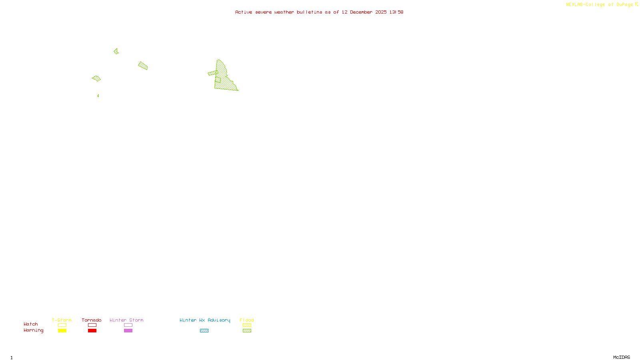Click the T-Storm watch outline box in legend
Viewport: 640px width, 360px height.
click(x=62, y=325)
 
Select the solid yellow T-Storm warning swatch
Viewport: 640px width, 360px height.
click(x=62, y=331)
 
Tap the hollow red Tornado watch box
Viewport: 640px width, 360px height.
click(x=92, y=325)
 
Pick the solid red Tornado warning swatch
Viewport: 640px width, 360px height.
click(x=92, y=331)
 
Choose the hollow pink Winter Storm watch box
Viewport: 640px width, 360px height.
click(x=128, y=325)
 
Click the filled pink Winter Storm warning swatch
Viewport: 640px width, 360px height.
click(x=128, y=331)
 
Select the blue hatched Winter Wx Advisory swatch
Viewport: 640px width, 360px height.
click(x=204, y=331)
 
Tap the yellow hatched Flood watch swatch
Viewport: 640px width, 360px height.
click(x=247, y=325)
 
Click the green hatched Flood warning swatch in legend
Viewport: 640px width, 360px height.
click(x=247, y=331)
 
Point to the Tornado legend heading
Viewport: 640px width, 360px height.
click(x=92, y=320)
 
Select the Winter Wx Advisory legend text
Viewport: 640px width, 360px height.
click(x=205, y=320)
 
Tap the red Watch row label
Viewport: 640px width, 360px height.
click(x=31, y=324)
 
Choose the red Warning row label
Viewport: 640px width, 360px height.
click(x=33, y=330)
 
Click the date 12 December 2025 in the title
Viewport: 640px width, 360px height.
click(x=364, y=12)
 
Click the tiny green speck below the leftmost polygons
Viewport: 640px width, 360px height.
click(x=98, y=96)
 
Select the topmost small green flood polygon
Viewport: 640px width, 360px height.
click(x=116, y=51)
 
